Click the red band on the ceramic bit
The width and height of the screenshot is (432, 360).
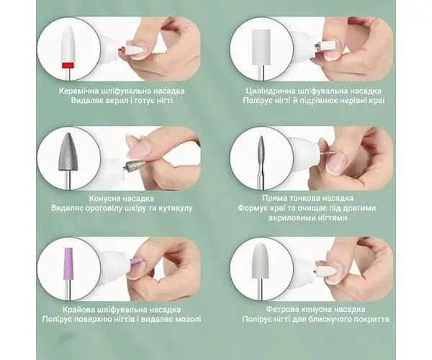[68, 66]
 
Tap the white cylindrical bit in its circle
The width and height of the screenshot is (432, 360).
[261, 46]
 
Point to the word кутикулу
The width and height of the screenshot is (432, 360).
[175, 208]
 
